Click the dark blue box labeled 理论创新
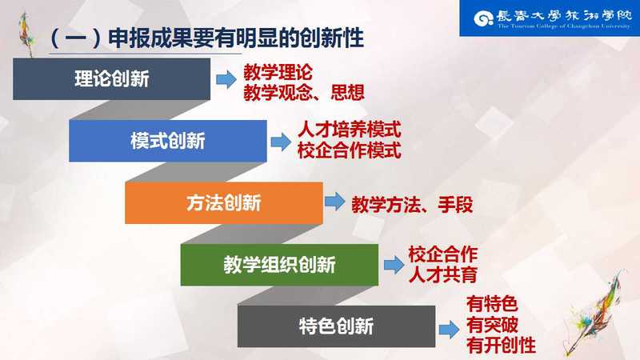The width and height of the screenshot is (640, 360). coord(111,78)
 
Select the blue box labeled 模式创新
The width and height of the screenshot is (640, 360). coord(168,141)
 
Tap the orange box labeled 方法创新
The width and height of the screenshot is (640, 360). coord(224,203)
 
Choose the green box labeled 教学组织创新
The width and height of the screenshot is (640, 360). coord(279,265)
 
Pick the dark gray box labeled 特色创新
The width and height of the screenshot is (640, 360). coord(336,326)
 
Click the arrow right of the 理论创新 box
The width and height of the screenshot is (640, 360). coord(226,79)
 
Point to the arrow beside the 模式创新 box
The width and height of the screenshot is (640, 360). coord(281,142)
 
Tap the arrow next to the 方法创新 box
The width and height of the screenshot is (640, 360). coord(335,202)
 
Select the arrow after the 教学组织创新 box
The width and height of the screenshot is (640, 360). coord(394,266)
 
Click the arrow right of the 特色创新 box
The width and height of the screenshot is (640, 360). coord(449,330)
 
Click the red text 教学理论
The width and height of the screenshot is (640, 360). coord(278,73)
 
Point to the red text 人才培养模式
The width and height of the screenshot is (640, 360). coord(350,130)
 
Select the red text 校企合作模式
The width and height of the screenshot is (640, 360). coord(350,150)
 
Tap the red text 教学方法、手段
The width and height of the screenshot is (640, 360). coord(412,205)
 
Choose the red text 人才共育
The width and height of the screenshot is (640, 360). coord(443,274)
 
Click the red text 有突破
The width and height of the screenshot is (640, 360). coord(492,325)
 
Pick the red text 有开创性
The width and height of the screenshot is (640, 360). coord(502,346)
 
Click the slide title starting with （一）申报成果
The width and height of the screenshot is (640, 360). coord(206,38)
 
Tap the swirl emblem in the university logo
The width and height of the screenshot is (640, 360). coord(484,18)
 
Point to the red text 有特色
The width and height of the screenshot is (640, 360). coord(492,305)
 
